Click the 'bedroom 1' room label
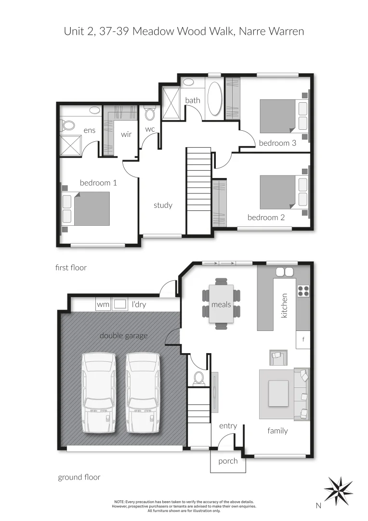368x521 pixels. [98, 183]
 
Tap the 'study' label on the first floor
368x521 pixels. [163, 205]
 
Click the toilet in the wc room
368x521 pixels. [150, 114]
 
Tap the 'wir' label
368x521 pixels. [126, 135]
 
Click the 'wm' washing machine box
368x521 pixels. [103, 304]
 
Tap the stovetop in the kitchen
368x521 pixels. [303, 290]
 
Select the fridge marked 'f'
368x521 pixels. [303, 339]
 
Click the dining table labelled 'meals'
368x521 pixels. [221, 304]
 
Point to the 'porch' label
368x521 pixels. [228, 461]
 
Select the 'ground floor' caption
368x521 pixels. [79, 477]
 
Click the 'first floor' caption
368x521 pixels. [71, 267]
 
